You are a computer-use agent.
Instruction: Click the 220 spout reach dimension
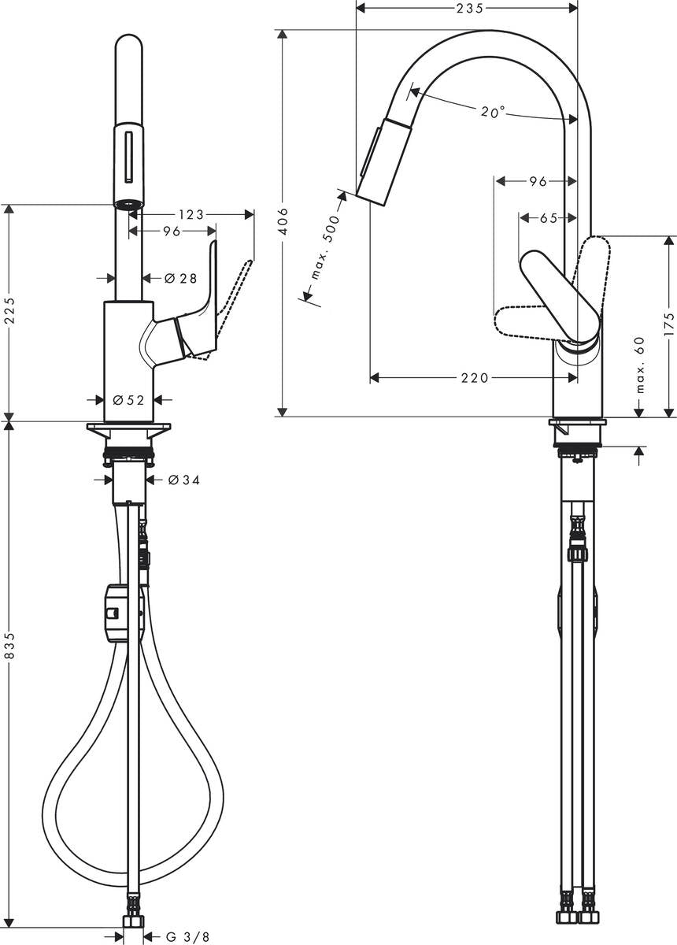(474, 378)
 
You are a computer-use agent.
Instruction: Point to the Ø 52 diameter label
(129, 400)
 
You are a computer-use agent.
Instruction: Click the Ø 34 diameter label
(183, 480)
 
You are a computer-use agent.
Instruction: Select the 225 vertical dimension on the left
(9, 313)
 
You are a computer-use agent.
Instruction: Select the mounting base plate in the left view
(129, 428)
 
